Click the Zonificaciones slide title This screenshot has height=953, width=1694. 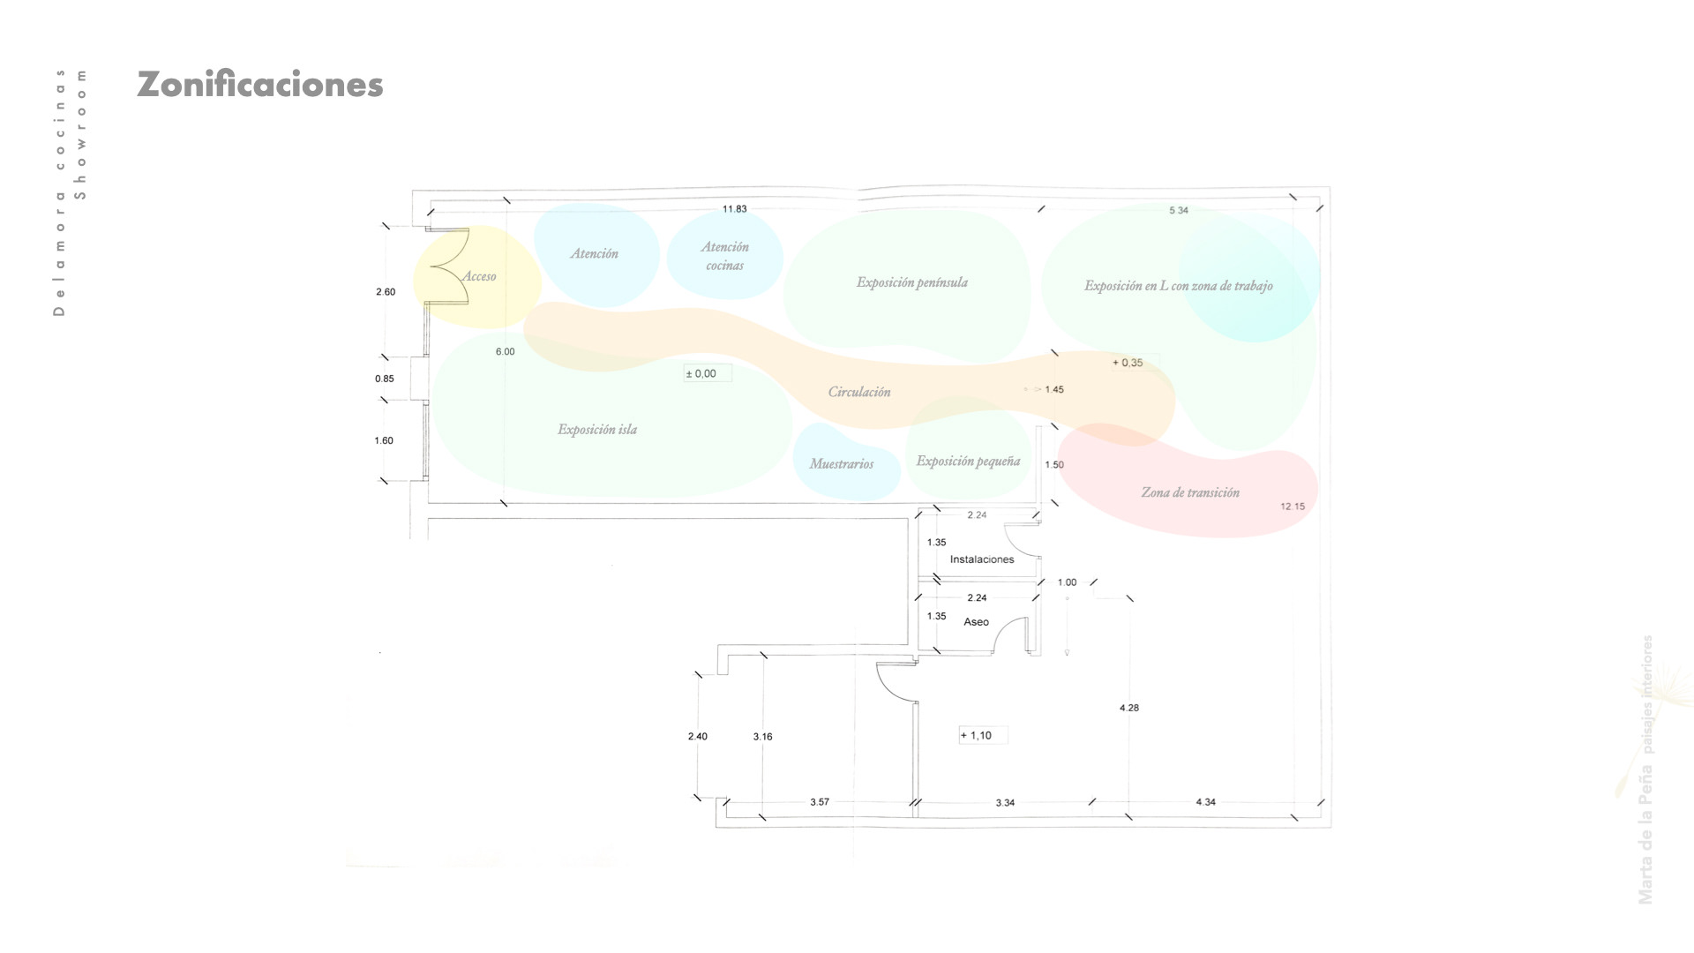[260, 85]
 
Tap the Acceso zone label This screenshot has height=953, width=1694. [479, 276]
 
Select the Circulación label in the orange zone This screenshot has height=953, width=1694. [858, 392]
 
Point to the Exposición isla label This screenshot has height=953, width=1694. [597, 430]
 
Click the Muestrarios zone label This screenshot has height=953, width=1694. [842, 464]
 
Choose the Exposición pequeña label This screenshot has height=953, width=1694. [968, 461]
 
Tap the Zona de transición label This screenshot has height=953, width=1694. [1190, 492]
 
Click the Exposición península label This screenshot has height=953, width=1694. [912, 282]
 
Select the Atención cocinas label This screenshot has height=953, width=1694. [724, 256]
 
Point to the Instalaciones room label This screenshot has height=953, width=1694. [982, 559]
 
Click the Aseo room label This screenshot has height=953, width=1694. [976, 622]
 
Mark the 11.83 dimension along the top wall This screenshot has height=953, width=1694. [734, 209]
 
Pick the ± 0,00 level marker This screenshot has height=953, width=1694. [702, 374]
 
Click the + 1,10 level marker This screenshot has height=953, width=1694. [977, 736]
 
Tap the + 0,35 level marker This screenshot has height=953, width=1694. [1128, 363]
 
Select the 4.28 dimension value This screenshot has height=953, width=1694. [1129, 708]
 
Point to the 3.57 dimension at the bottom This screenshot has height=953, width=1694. [820, 802]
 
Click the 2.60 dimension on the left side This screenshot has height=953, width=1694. [386, 292]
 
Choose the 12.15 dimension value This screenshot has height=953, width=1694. [1293, 507]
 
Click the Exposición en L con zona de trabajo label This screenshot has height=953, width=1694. [1179, 286]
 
